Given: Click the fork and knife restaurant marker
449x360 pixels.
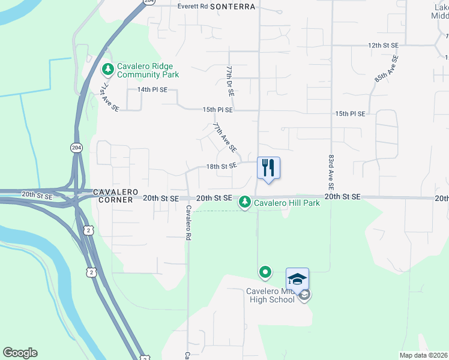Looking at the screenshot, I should pyautogui.click(x=268, y=167).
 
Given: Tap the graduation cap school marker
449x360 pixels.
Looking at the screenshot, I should pyautogui.click(x=297, y=278).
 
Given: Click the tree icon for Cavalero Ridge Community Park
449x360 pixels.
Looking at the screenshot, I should pyautogui.click(x=108, y=70).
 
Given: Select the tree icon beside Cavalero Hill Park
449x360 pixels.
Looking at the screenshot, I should pyautogui.click(x=244, y=202).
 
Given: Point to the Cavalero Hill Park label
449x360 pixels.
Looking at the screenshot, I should pyautogui.click(x=286, y=203).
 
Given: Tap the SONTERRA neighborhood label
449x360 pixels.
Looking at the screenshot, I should pyautogui.click(x=233, y=6).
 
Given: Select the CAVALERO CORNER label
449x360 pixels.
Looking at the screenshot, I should pyautogui.click(x=112, y=196).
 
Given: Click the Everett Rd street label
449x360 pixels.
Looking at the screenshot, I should pyautogui.click(x=192, y=6).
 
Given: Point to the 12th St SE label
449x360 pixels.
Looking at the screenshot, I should pyautogui.click(x=383, y=45).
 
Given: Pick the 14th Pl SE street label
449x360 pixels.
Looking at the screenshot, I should pyautogui.click(x=152, y=89).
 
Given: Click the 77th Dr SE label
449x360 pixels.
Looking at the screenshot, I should pyautogui.click(x=229, y=81).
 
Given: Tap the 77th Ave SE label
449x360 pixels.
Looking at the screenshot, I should pyautogui.click(x=225, y=137).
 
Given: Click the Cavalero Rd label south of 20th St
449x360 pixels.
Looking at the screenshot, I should pyautogui.click(x=188, y=223).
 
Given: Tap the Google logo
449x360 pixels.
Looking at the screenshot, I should pyautogui.click(x=20, y=353).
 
